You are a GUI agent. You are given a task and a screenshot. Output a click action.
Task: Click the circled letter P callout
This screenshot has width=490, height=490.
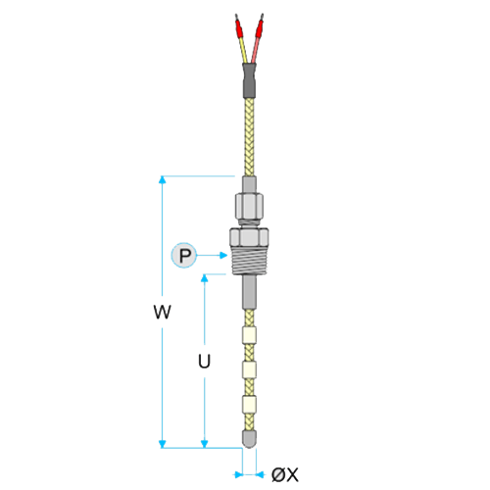click(184, 255)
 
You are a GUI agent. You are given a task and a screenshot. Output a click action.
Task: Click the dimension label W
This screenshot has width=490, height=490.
click(163, 312)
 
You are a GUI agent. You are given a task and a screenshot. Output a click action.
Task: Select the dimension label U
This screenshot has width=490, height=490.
click(204, 362)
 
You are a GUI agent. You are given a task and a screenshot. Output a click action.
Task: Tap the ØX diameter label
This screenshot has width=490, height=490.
click(285, 474)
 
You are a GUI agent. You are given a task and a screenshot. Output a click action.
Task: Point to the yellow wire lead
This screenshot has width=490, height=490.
click(244, 51)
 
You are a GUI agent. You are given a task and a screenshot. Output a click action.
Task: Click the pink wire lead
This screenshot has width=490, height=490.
click(255, 51)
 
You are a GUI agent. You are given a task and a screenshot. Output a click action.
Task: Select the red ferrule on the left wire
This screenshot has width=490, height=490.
click(238, 29)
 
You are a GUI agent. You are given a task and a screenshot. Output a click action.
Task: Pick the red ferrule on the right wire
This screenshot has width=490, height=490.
click(260, 29)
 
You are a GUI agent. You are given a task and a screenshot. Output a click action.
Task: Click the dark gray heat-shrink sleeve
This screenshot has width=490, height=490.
click(249, 80)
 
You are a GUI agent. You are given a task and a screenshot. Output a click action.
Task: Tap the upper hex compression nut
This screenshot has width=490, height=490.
click(249, 207)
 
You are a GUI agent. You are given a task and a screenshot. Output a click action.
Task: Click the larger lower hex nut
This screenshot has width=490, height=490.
click(249, 237)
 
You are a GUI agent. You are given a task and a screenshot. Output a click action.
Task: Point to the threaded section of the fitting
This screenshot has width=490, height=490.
click(249, 261)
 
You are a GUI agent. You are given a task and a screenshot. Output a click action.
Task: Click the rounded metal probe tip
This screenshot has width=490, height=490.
click(249, 439)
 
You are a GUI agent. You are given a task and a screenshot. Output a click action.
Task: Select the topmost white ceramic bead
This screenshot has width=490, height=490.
click(249, 335)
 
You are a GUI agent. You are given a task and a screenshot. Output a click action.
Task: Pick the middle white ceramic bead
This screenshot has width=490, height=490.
click(249, 369)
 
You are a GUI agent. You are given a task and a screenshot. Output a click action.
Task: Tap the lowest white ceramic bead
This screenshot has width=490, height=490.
click(249, 404)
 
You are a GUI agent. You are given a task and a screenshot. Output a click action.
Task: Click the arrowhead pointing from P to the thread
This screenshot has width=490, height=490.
click(223, 255)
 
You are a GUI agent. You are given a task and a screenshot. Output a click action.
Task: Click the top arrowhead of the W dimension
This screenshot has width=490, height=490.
click(163, 180)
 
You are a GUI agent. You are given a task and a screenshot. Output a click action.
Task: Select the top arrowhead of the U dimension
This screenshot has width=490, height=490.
click(205, 278)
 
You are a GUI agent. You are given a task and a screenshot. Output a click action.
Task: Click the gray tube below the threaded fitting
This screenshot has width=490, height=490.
click(249, 292)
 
